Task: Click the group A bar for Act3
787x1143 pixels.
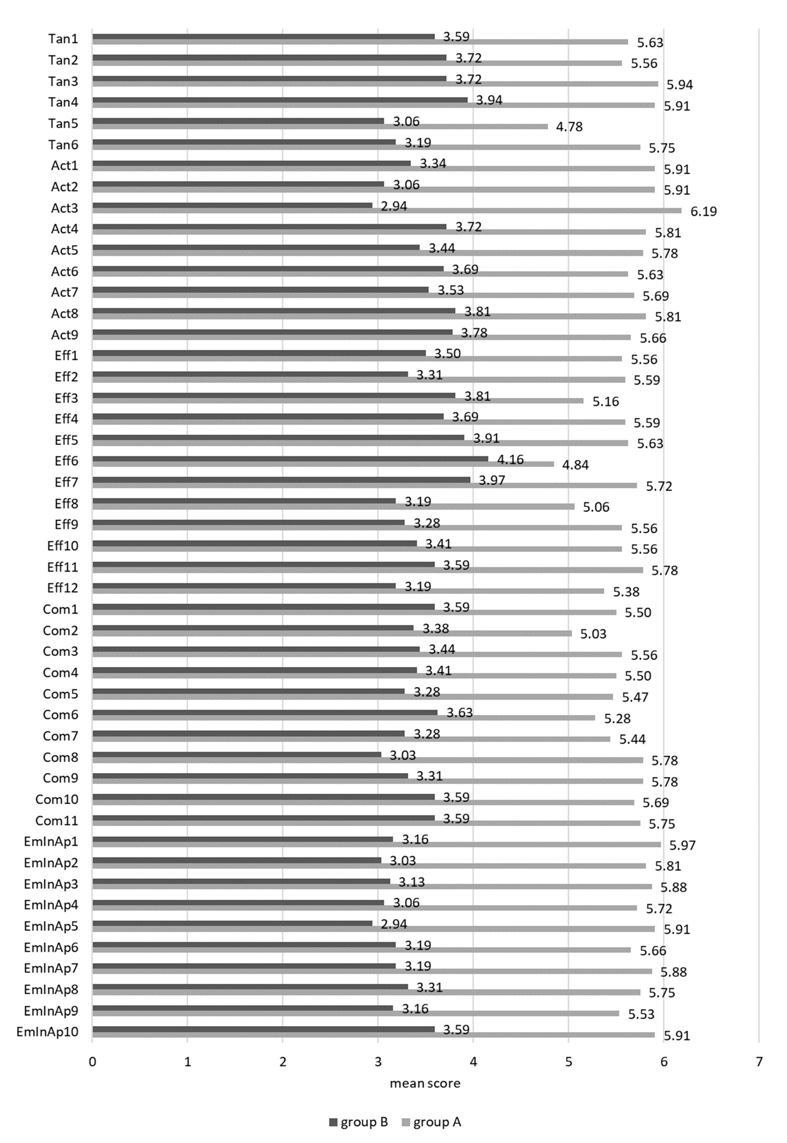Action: pos(387,210)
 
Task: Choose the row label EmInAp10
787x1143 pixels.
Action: pos(47,1032)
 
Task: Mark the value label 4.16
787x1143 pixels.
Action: pos(510,459)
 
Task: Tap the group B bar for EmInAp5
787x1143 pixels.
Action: pos(232,923)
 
